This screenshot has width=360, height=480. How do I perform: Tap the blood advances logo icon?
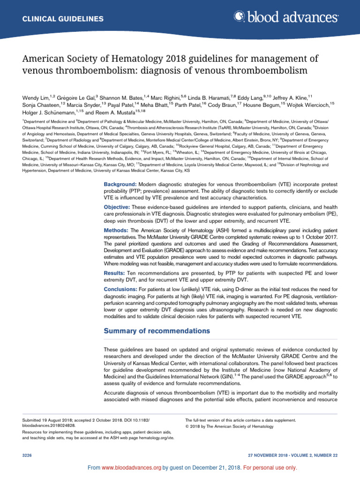[239, 17]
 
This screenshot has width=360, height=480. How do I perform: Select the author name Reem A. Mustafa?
[121, 112]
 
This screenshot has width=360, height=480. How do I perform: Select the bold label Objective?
[117, 207]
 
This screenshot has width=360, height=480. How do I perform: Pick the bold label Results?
[115, 273]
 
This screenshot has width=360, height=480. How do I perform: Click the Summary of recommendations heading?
[157, 331]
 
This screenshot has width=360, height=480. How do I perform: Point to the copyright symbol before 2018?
[187, 427]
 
